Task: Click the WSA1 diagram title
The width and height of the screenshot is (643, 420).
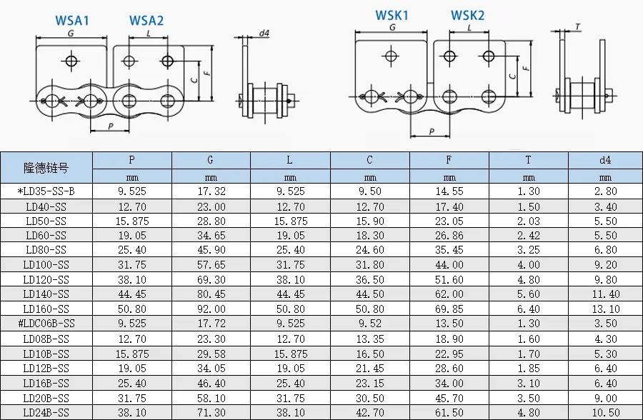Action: click(x=72, y=21)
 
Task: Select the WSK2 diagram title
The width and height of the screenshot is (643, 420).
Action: click(x=467, y=16)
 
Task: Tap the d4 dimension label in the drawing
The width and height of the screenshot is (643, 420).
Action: click(x=264, y=34)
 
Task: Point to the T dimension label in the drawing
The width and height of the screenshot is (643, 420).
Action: click(x=577, y=26)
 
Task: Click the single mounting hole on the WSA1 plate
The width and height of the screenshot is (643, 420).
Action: click(x=71, y=61)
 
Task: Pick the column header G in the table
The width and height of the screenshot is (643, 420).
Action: click(x=210, y=160)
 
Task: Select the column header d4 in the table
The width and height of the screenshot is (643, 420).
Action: click(x=605, y=160)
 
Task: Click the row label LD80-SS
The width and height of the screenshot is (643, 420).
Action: click(x=46, y=250)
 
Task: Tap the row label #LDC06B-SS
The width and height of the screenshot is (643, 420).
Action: click(x=46, y=324)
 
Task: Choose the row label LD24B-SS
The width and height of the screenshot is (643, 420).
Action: click(x=46, y=412)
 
